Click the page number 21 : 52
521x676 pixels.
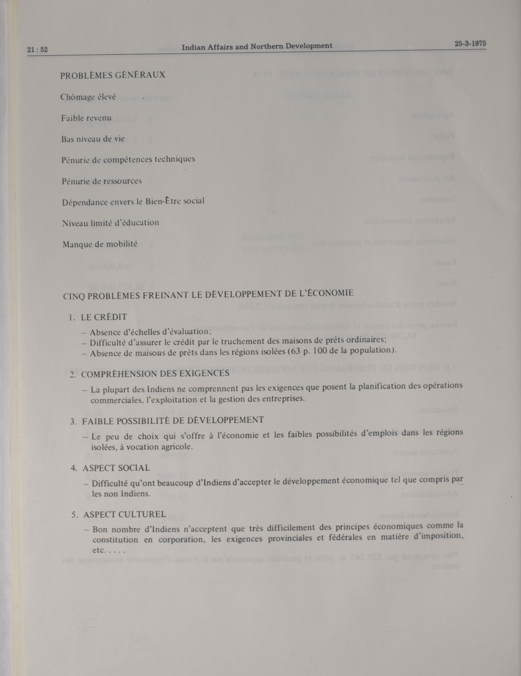tap(38, 50)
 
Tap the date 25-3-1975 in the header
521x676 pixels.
tap(470, 44)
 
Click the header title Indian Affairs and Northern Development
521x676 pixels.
tap(257, 46)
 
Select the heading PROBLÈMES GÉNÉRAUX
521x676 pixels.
tap(113, 75)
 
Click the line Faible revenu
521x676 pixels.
tap(86, 118)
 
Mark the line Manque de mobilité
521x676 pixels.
tap(100, 244)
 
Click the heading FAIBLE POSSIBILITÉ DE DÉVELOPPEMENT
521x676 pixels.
tap(173, 420)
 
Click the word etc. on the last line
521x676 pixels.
tap(99, 551)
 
